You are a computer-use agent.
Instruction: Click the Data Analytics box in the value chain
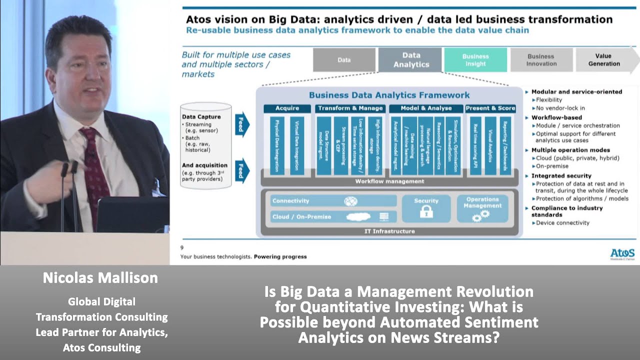pos(410,60)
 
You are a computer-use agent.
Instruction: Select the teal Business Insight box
pos(475,60)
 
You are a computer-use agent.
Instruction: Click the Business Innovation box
pos(541,60)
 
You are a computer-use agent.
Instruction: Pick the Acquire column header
pos(287,108)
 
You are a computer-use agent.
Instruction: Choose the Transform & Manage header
pos(350,108)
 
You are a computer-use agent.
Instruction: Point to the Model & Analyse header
pos(426,108)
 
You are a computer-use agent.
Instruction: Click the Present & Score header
pos(490,108)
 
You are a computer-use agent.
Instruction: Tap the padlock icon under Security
pos(426,211)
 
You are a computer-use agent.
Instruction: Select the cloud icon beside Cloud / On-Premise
pos(358,217)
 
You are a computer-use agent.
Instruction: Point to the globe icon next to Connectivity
pos(351,201)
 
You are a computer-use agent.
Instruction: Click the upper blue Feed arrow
pos(241,124)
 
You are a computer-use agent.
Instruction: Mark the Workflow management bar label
pos(389,181)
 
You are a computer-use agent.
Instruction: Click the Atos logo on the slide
pos(622,253)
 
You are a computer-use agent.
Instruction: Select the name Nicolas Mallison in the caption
pos(100,278)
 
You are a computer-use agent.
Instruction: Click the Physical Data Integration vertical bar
pos(277,145)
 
